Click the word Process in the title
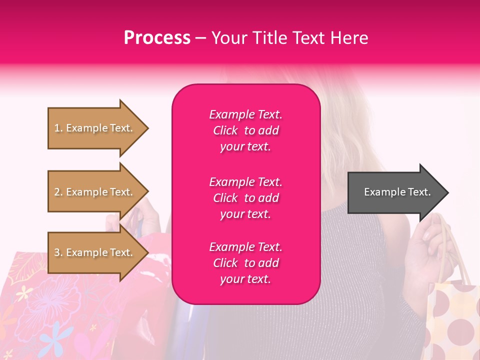pyautogui.click(x=157, y=38)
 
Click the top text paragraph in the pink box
pyautogui.click(x=245, y=130)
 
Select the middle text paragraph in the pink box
pyautogui.click(x=245, y=198)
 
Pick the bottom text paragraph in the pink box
pyautogui.click(x=245, y=263)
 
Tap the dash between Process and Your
pyautogui.click(x=200, y=38)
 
